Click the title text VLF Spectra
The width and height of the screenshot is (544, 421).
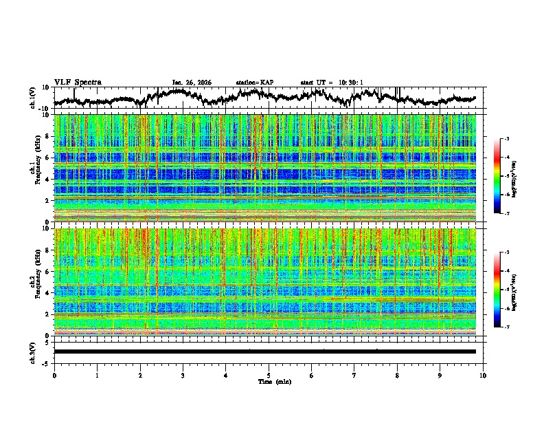tap(78, 83)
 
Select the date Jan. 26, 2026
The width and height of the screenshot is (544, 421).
tap(192, 83)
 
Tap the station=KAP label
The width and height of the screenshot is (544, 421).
tap(255, 83)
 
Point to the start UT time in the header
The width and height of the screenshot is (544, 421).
tap(331, 83)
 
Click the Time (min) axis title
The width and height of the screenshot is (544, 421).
tap(269, 381)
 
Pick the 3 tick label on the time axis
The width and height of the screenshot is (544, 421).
tap(183, 375)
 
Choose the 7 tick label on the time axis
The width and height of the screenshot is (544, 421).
tap(354, 375)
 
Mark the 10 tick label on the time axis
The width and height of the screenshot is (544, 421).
tap(483, 375)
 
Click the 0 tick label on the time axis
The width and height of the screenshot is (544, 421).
tap(54, 375)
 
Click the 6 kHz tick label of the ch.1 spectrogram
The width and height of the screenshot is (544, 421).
tap(47, 158)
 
